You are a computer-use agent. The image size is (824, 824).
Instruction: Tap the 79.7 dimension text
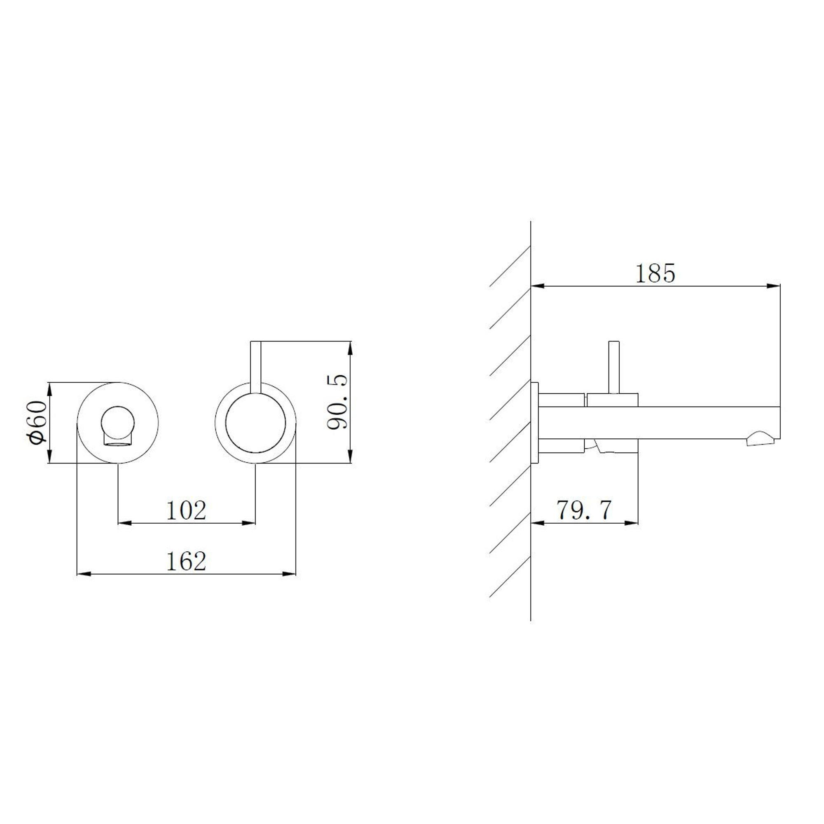coord(584,510)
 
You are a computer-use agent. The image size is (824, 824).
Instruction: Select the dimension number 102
coord(186,510)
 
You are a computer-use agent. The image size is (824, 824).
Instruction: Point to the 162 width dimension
coord(186,561)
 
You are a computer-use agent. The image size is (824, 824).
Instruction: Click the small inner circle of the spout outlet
coord(118,422)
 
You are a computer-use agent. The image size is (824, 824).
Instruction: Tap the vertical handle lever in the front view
coord(255,367)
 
